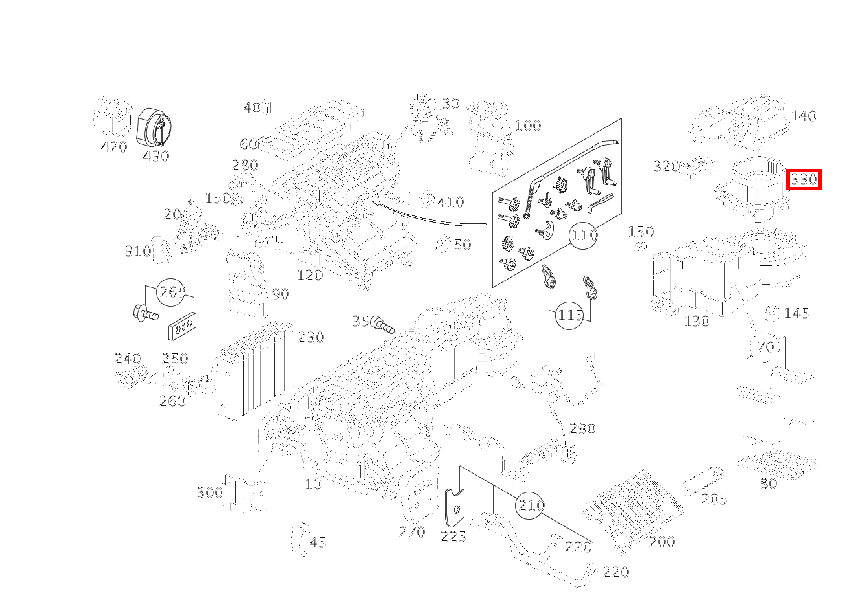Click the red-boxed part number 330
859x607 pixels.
pos(803,179)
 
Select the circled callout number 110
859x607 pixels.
pos(584,235)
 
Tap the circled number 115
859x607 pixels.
pos(570,315)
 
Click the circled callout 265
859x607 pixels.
pos(172,292)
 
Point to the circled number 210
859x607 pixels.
pos(531,505)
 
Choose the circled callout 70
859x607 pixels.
pos(766,347)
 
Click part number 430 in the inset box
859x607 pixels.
pos(155,156)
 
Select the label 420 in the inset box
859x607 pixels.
pos(114,148)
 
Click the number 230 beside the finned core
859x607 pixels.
pos(310,337)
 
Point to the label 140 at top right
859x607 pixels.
pos(803,116)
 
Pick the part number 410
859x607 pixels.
pos(450,202)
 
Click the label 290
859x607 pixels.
pos(582,428)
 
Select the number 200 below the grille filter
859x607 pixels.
pos(662,542)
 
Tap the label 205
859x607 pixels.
pos(714,499)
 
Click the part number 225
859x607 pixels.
pos(453,536)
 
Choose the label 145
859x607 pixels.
pos(796,314)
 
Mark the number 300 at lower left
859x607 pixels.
pos(209,493)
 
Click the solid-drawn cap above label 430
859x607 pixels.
pos(154,126)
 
